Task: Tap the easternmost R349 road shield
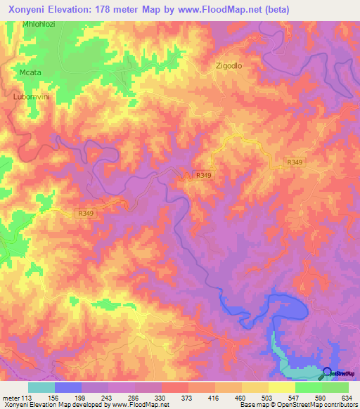295,162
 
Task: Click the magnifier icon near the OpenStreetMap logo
327,374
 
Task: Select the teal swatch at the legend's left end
41,387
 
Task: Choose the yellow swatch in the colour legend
281,387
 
